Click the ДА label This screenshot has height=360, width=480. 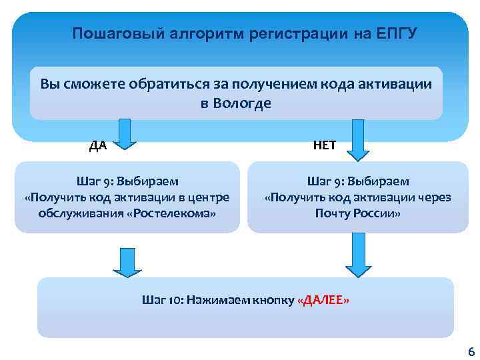[98, 146]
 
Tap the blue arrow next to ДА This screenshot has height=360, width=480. [123, 131]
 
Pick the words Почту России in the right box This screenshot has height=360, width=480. [358, 213]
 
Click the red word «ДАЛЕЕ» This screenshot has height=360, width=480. [322, 300]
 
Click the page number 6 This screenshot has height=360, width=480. [471, 351]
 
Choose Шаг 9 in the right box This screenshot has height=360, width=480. [323, 181]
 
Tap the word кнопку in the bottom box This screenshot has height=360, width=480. [271, 300]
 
